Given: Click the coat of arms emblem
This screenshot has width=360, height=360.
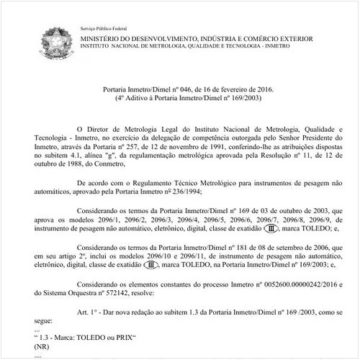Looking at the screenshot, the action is click(x=58, y=37).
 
